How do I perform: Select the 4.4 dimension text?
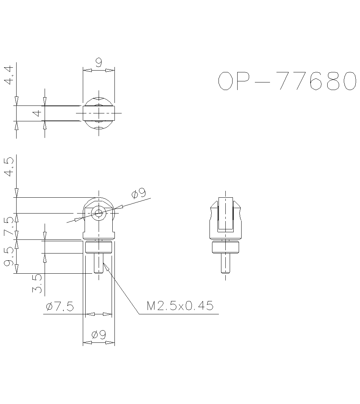pyautogui.click(x=9, y=75)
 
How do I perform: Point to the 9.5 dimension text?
pyautogui.click(x=9, y=257)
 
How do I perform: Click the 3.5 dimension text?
pyautogui.click(x=37, y=283)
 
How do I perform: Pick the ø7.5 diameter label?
pyautogui.click(x=60, y=307)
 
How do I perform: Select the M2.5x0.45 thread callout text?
pyautogui.click(x=180, y=306)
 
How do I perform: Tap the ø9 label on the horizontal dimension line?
pyautogui.click(x=99, y=335)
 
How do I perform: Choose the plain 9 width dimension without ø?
pyautogui.click(x=99, y=62)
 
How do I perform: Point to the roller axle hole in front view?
pyautogui.click(x=98, y=213)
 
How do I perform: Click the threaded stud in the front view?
pyautogui.click(x=99, y=263)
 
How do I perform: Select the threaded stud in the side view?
pyautogui.click(x=225, y=263)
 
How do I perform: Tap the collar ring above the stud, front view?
pyautogui.click(x=99, y=247)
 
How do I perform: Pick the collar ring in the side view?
pyautogui.click(x=225, y=247)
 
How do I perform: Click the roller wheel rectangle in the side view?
pyautogui.click(x=225, y=213)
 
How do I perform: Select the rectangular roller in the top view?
pyautogui.click(x=99, y=113)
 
